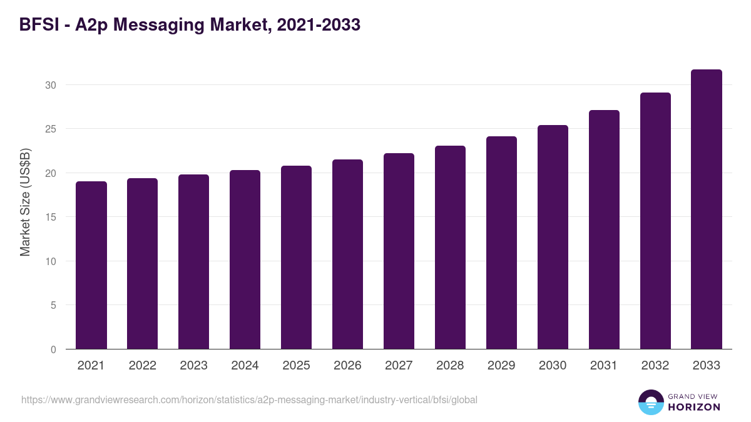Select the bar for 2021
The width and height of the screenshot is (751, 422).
(91, 265)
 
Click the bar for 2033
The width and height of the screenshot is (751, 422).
(707, 209)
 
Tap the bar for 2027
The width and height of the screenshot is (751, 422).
(399, 251)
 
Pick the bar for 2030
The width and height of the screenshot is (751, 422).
(553, 237)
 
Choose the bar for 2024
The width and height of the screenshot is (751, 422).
(245, 259)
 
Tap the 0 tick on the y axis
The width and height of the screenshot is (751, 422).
(53, 349)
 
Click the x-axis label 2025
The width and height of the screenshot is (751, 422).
(296, 366)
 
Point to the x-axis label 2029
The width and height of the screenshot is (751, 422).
(501, 366)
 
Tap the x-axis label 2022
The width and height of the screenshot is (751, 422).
(142, 366)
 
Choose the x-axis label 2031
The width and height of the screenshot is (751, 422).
(604, 366)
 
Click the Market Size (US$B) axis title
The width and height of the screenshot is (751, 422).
(26, 202)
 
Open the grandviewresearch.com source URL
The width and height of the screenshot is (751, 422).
(249, 399)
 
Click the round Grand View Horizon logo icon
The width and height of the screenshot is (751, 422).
(650, 402)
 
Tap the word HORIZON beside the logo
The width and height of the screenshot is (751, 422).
(694, 407)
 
